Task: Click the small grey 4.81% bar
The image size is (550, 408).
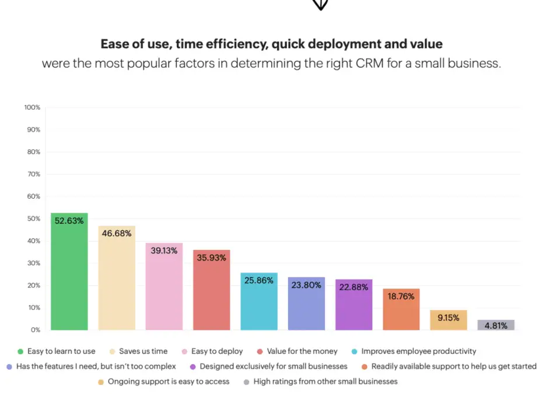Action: point(496,325)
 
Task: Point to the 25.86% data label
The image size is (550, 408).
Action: point(259,280)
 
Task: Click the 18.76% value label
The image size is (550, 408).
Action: point(401,296)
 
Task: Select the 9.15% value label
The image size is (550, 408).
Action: point(449,318)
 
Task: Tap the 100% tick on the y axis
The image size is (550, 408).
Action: point(32,107)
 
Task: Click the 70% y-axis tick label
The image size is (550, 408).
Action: point(33,174)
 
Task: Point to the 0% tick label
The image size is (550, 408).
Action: point(36,330)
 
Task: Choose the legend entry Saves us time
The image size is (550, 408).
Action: point(143,351)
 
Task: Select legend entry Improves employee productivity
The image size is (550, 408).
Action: point(418,351)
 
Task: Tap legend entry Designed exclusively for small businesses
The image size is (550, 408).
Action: point(273,367)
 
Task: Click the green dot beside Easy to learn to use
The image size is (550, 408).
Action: point(20,351)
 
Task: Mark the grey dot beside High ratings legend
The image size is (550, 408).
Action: point(246,382)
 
